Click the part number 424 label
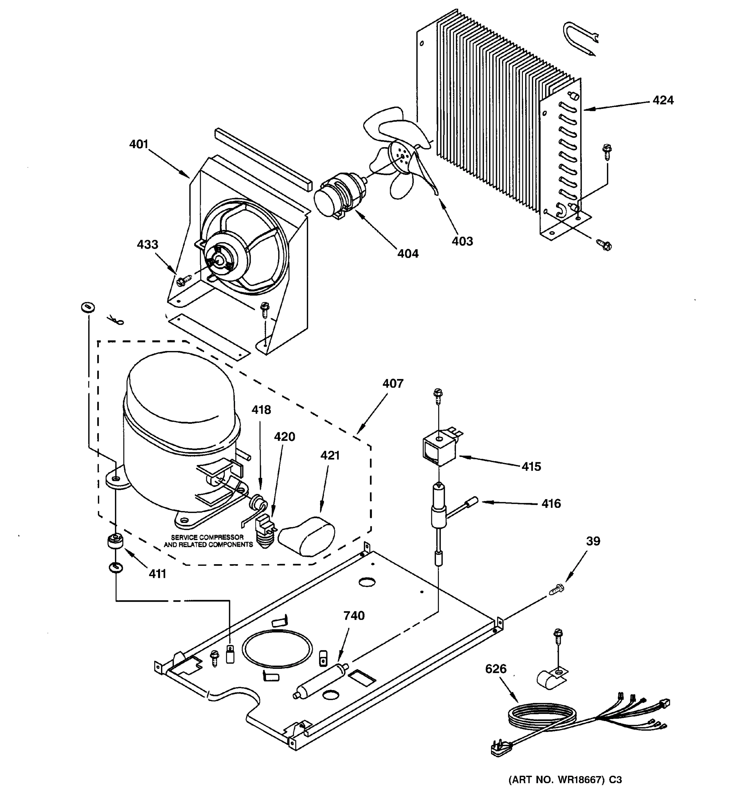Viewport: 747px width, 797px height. (663, 100)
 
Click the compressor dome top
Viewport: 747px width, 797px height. (180, 385)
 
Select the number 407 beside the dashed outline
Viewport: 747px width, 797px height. (392, 383)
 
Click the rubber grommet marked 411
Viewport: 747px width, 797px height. (115, 544)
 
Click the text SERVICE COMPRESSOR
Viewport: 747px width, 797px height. (207, 537)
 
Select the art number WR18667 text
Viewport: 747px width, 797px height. (565, 780)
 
